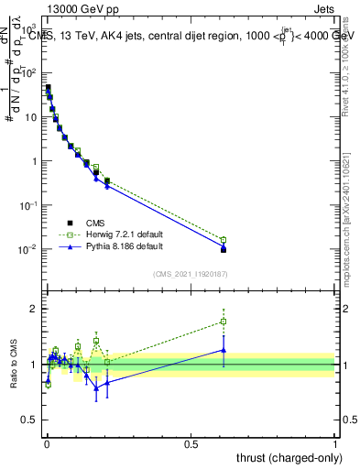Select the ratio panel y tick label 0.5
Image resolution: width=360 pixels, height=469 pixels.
click(30, 420)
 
